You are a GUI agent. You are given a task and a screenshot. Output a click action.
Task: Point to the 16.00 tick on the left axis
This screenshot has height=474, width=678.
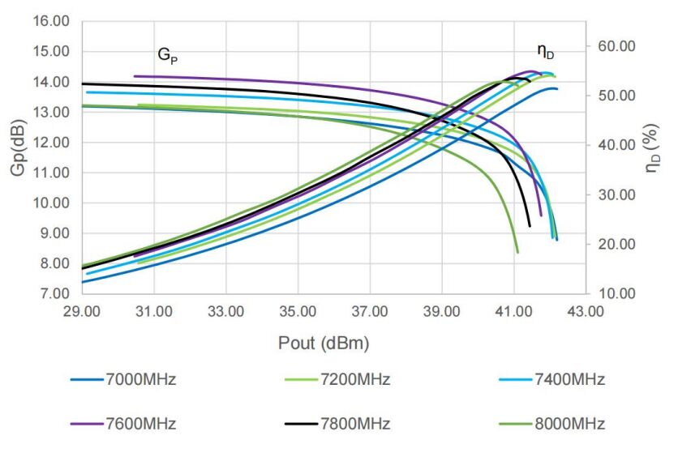51,20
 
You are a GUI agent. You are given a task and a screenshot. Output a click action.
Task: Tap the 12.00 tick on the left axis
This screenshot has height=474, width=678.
51,142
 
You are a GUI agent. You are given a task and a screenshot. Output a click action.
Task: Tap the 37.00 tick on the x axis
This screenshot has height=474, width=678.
370,311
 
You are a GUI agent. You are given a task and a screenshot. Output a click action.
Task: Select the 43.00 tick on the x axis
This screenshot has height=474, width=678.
585,311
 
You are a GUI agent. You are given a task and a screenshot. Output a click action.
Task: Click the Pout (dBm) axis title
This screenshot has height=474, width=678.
323,344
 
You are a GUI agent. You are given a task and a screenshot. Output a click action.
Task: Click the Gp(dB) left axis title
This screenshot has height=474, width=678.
19,157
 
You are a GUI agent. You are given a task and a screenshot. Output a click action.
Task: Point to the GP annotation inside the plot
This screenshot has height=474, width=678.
167,56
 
